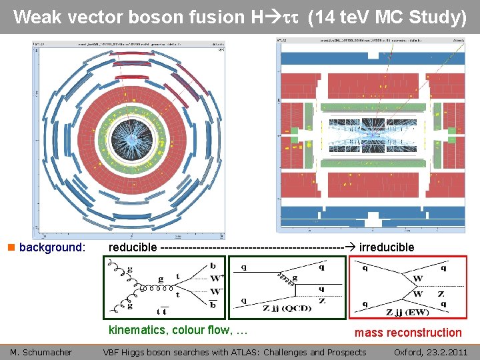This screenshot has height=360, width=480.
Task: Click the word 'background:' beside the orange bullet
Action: point(53,247)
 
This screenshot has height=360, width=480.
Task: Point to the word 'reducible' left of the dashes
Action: point(133,247)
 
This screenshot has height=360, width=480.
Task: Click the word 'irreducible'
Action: point(387,247)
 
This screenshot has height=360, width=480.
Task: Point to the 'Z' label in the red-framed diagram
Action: point(441,293)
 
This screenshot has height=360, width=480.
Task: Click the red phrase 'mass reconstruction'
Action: point(407,333)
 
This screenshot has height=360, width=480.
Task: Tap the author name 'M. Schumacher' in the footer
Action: point(41,352)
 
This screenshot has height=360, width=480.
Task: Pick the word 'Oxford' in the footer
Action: point(409,352)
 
